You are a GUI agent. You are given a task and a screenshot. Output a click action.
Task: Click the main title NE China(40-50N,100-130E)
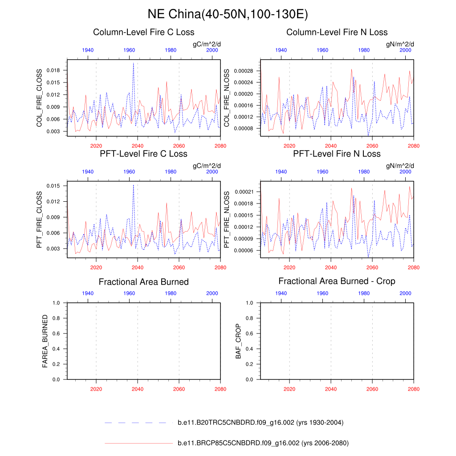point(228,14)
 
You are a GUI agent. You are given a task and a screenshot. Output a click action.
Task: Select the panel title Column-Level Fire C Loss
point(143,32)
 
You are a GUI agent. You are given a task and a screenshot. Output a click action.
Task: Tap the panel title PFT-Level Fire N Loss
point(337,154)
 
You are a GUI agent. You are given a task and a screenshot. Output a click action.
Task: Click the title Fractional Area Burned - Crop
point(337,281)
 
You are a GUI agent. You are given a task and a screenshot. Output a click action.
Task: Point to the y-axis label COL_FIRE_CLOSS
point(39,98)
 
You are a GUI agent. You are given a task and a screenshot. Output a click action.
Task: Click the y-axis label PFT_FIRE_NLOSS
point(226,220)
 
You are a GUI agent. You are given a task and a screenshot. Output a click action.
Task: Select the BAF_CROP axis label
point(238,342)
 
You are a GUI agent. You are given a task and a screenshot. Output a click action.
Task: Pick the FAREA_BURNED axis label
point(45,341)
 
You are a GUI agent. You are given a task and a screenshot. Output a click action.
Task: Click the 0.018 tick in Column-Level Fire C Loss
point(52,70)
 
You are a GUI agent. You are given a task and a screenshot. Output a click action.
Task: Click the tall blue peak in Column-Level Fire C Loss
point(133,63)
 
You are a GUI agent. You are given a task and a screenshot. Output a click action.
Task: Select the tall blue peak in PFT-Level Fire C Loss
point(133,185)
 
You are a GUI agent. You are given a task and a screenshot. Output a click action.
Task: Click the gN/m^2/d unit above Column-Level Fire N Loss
point(400,44)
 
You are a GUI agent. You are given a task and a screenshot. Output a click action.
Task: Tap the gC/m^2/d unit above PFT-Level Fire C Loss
point(207,166)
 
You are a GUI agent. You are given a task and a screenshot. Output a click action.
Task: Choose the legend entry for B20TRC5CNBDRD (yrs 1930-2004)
point(260,423)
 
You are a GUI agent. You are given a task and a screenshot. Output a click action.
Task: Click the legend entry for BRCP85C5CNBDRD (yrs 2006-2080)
point(263,443)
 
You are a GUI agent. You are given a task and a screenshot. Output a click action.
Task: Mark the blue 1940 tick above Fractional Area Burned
point(88,293)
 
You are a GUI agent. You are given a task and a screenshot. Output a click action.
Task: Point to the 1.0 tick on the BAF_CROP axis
point(249,303)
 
